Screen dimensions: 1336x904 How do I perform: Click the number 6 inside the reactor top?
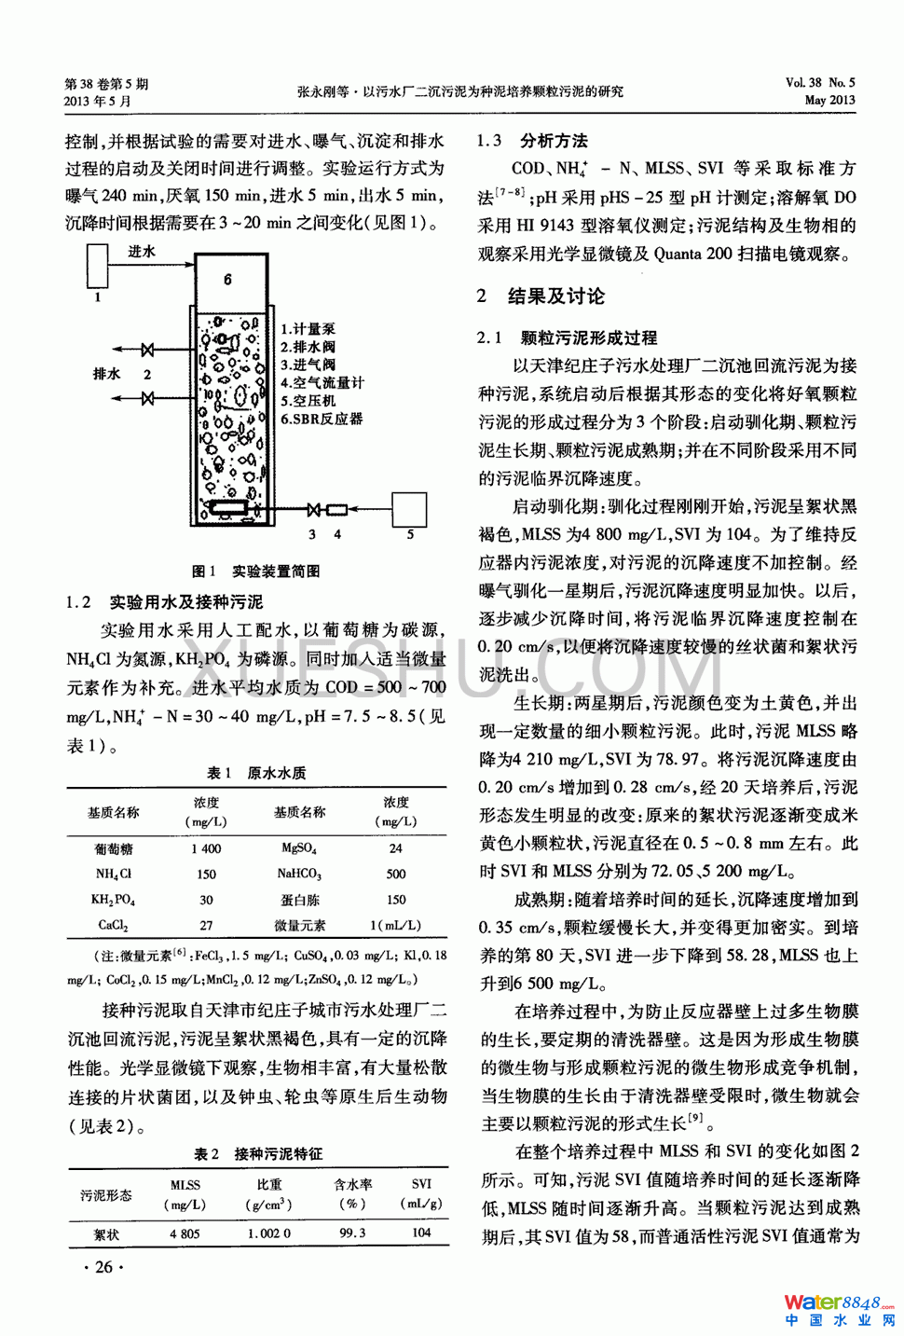coord(227,279)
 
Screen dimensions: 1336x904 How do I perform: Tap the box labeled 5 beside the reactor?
coord(409,509)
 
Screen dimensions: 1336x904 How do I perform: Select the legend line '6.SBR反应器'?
coord(322,420)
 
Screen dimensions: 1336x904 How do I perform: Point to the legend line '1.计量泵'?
coord(308,329)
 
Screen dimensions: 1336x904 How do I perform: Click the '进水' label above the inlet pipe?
coord(142,252)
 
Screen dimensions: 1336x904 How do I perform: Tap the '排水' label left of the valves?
coord(107,374)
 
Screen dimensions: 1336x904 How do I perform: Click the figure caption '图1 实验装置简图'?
coord(255,571)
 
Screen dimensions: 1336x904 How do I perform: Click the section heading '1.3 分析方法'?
coord(532,141)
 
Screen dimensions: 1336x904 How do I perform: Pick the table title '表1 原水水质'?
coord(256,773)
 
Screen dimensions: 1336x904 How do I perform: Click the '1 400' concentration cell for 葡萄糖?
coord(206,848)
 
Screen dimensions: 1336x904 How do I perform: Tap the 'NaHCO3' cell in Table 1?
coord(299,875)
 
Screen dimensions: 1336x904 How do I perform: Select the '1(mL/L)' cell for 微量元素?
coord(395,926)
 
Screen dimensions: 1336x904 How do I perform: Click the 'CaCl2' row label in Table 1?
coord(113,926)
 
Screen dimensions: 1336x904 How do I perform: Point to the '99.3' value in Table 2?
coord(352,1233)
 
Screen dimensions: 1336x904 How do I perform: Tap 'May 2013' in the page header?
coord(829,100)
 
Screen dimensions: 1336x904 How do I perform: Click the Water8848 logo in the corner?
coord(838,1309)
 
